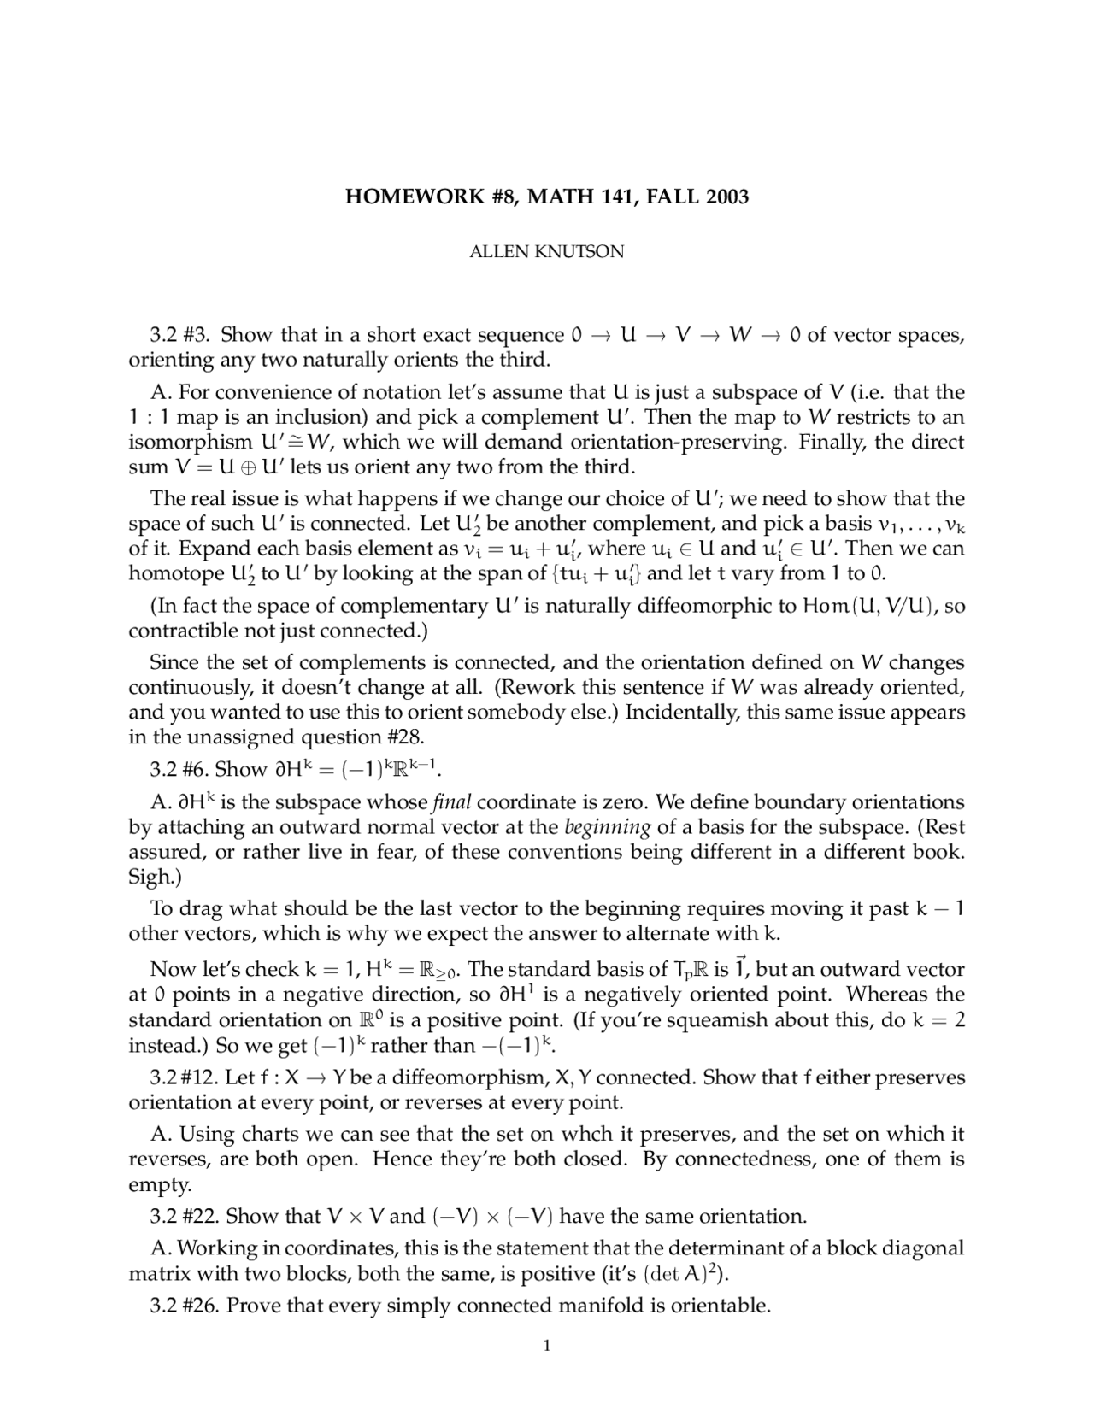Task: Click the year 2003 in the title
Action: pos(726,197)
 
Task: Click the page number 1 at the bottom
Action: pos(547,1347)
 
